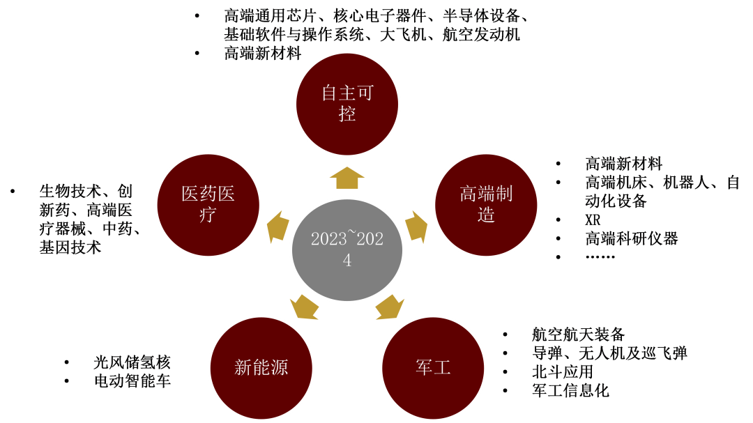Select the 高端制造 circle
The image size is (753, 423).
[x=486, y=204]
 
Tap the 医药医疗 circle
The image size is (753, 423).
[x=208, y=204]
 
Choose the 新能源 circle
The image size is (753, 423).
[x=261, y=367]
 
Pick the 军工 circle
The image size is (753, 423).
[x=433, y=367]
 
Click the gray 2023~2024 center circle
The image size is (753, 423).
[x=347, y=249]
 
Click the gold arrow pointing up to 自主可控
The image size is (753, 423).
[x=347, y=178]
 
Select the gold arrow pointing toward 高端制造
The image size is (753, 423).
[x=416, y=227]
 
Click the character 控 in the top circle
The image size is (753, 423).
[x=347, y=114]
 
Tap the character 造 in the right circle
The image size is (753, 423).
[x=486, y=215]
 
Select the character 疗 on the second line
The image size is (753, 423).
[x=208, y=215]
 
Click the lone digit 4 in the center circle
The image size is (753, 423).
[x=347, y=261]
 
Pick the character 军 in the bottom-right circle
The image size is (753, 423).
[x=424, y=367]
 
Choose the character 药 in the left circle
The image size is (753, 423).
[x=208, y=194]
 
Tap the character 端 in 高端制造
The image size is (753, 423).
[x=486, y=194]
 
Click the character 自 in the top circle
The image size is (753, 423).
[x=329, y=93]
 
